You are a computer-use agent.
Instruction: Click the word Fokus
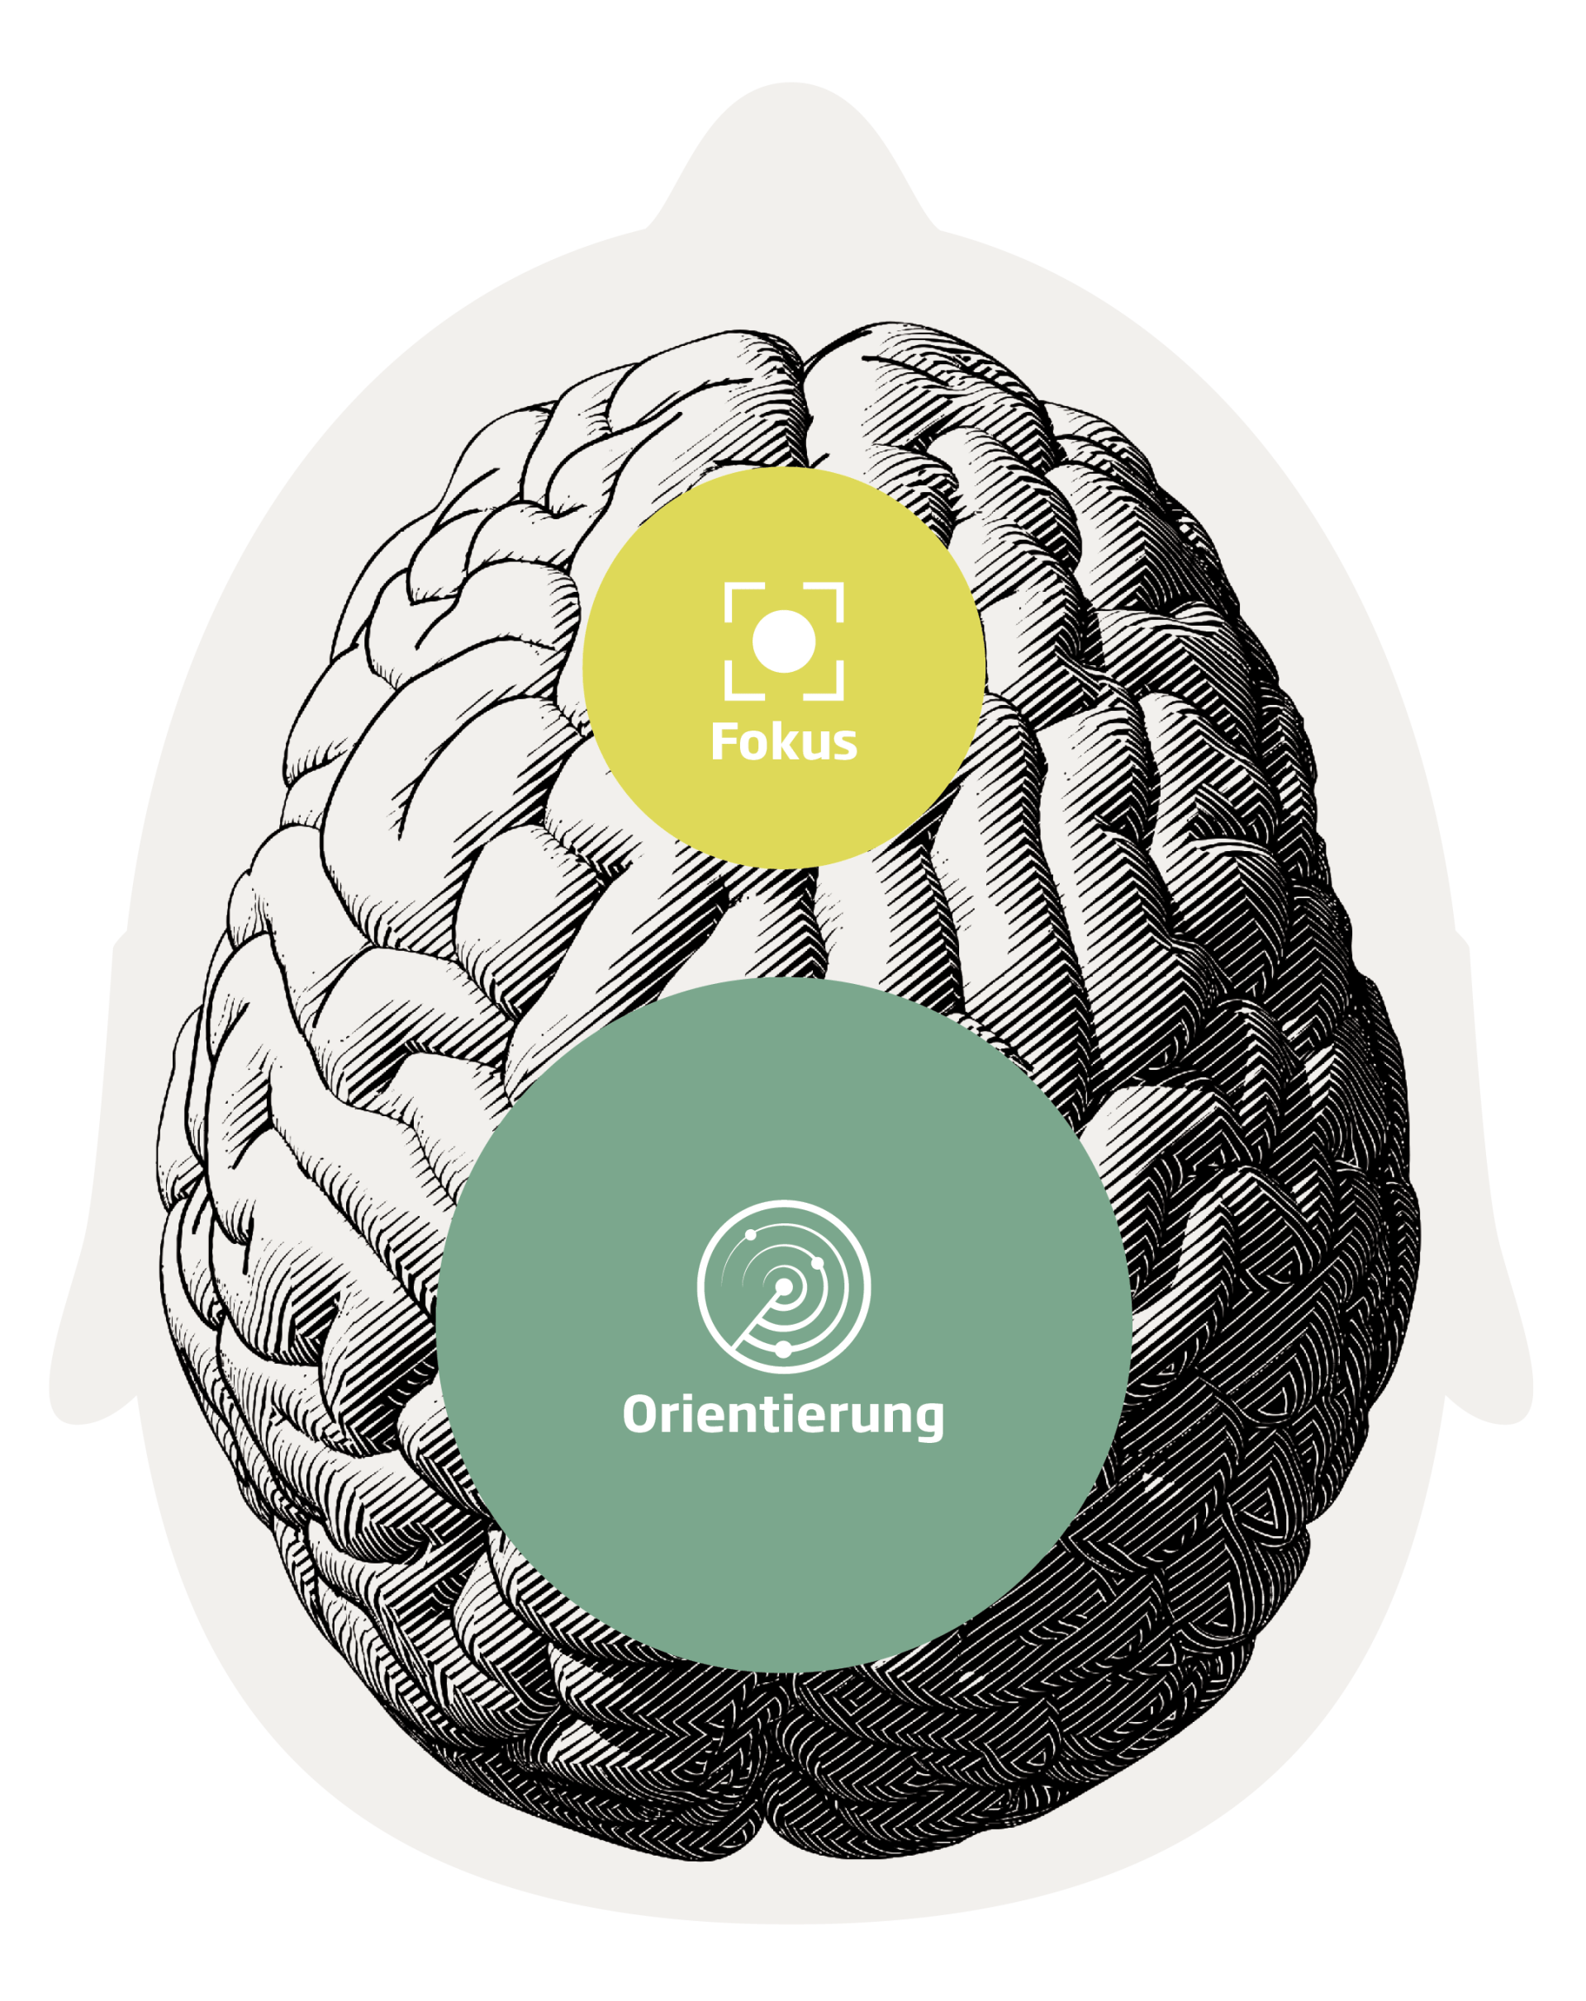(784, 742)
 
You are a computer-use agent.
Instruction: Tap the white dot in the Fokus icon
(784, 641)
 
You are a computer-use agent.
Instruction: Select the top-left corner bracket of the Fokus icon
(738, 598)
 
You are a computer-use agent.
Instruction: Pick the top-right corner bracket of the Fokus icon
(830, 598)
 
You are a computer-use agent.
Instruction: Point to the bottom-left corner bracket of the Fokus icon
(738, 685)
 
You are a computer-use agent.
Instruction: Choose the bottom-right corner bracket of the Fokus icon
(830, 685)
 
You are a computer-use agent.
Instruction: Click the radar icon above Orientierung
(784, 1285)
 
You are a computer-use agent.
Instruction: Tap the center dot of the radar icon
(784, 1286)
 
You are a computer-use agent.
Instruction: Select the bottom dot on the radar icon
(783, 1349)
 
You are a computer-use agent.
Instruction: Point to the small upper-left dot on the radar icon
(749, 1235)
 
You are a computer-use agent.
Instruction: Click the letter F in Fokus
(723, 741)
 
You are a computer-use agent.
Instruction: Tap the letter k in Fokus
(778, 741)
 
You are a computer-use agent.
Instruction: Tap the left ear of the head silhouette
(88, 1336)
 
